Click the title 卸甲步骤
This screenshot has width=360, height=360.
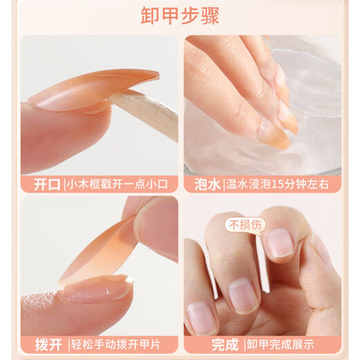(180, 15)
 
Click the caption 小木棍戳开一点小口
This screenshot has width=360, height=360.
(122, 185)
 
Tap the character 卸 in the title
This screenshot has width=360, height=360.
(150, 15)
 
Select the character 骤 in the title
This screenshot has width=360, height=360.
(210, 15)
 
